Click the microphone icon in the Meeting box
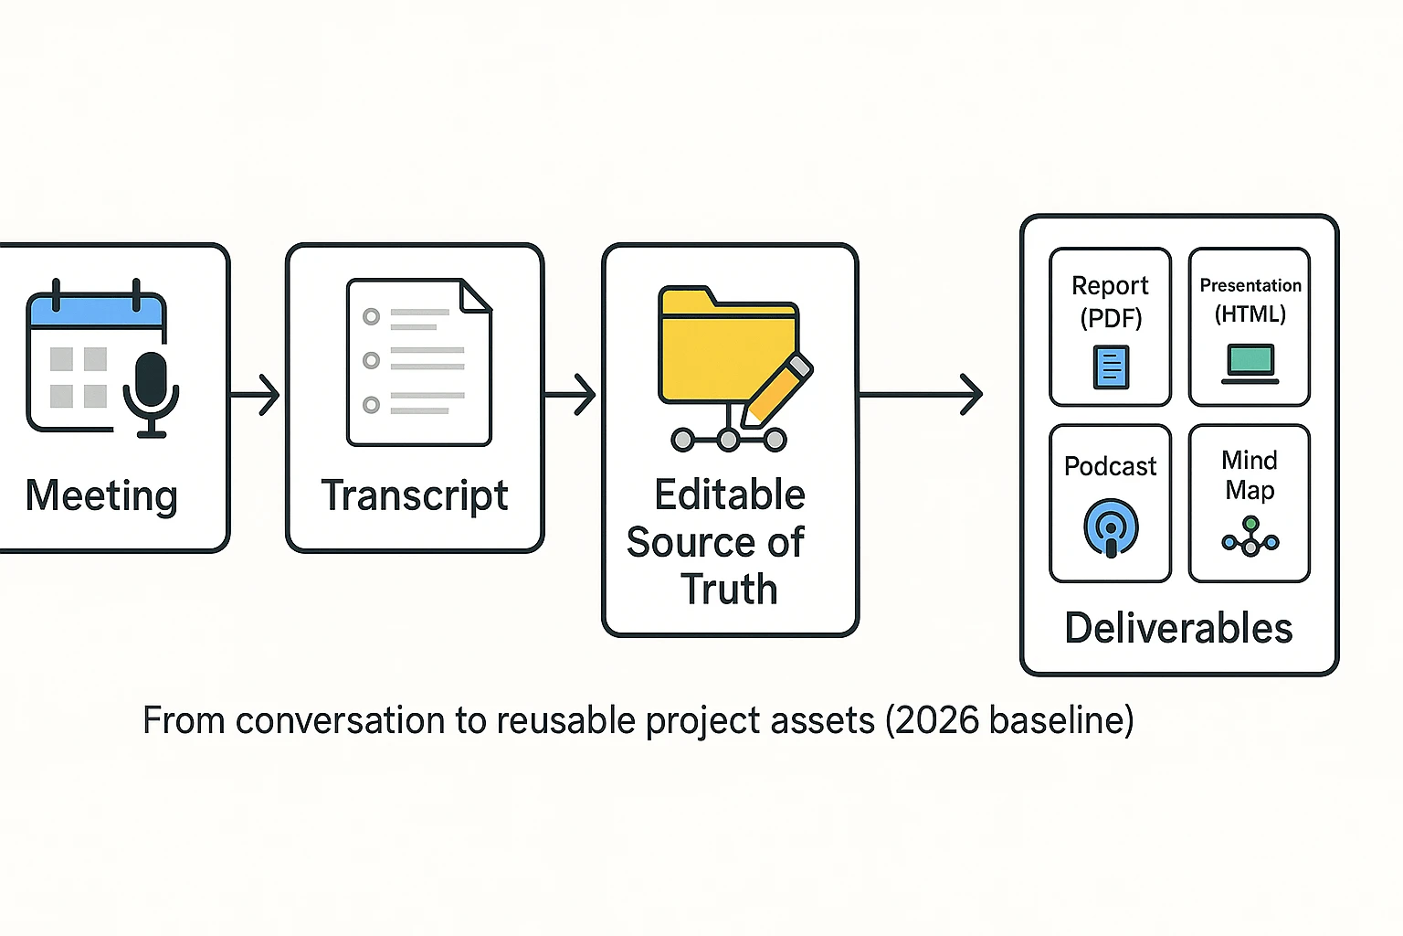pyautogui.click(x=151, y=388)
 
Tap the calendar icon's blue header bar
pyautogui.click(x=97, y=312)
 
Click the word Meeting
pyautogui.click(x=101, y=496)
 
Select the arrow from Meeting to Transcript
pyautogui.click(x=256, y=395)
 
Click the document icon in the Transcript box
pyautogui.click(x=418, y=362)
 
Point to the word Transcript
pyautogui.click(x=415, y=496)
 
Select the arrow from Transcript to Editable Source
pyautogui.click(x=571, y=395)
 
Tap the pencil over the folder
pyautogui.click(x=776, y=388)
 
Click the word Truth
pyautogui.click(x=729, y=590)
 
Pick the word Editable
pyautogui.click(x=730, y=495)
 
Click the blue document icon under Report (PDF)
pyautogui.click(x=1111, y=367)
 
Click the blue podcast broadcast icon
pyautogui.click(x=1111, y=527)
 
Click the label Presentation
pyautogui.click(x=1250, y=285)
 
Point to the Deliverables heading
pyautogui.click(x=1178, y=629)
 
